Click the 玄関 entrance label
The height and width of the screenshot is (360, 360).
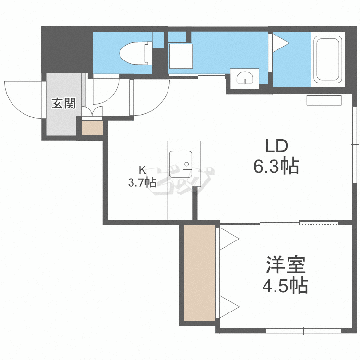[63, 103]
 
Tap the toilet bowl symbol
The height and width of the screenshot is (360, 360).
[135, 53]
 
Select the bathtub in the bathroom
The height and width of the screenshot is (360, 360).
[328, 59]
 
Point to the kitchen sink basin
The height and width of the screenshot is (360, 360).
[180, 164]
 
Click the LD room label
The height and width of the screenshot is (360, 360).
[276, 146]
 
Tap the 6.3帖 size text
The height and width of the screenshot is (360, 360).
[276, 166]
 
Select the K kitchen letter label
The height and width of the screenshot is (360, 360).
[143, 170]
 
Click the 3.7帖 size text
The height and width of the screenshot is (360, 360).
[142, 183]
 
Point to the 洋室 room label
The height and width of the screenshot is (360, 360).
[286, 264]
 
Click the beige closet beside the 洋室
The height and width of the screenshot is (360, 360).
[200, 273]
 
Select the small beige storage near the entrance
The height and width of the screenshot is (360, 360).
[92, 128]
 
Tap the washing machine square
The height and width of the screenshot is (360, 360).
[181, 56]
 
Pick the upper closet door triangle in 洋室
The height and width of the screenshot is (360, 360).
[229, 239]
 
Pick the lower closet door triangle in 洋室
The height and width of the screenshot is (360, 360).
[229, 307]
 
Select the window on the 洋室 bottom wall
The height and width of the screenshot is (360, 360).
[303, 331]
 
